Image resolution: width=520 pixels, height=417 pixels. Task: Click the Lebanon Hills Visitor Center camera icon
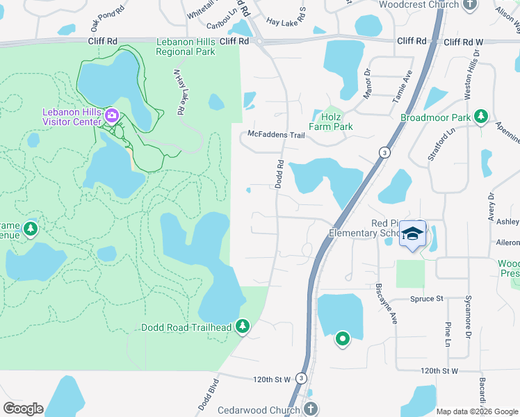pyautogui.click(x=111, y=115)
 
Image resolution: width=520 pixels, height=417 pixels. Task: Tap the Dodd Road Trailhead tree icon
pyautogui.click(x=243, y=326)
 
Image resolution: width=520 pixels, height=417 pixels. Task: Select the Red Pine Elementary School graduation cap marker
pyautogui.click(x=413, y=235)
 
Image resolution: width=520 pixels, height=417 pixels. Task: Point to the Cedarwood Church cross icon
pyautogui.click(x=311, y=409)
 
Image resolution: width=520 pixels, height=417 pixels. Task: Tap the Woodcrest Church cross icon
pyautogui.click(x=470, y=4)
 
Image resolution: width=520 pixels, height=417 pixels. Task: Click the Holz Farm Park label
pyautogui.click(x=332, y=122)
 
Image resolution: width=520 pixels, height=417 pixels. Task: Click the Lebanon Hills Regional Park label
pyautogui.click(x=186, y=47)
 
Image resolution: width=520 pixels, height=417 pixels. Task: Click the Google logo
pyautogui.click(x=23, y=409)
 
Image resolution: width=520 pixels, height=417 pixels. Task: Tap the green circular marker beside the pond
pyautogui.click(x=342, y=339)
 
